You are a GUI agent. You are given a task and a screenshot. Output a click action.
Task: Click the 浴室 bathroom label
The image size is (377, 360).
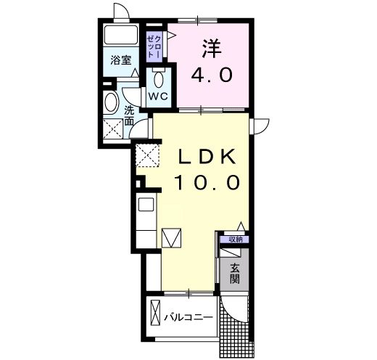121,60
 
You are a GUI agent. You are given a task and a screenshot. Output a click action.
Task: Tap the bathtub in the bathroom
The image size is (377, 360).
121,35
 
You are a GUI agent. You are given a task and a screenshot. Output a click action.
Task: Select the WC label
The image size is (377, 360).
158,97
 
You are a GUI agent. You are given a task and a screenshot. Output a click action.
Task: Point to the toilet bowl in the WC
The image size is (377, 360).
159,79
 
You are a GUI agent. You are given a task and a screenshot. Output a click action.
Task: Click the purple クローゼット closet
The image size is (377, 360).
154,46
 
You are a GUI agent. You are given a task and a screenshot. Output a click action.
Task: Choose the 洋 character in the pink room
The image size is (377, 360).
212,49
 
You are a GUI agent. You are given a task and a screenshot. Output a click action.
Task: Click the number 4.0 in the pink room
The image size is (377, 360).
212,74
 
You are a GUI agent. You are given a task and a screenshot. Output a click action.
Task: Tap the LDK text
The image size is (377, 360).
207,157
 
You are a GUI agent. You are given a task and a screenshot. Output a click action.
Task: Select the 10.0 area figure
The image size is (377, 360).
207,182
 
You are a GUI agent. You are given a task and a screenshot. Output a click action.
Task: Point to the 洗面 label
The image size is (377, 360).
129,116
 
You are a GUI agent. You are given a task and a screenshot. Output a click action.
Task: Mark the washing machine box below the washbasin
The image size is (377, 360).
113,129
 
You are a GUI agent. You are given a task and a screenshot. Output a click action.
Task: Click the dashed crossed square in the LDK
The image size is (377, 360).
147,155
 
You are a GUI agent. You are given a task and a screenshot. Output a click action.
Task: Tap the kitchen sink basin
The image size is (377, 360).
146,205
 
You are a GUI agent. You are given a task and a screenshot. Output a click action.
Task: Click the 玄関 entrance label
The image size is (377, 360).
234,274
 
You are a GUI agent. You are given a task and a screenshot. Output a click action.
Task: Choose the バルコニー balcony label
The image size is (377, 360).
188,317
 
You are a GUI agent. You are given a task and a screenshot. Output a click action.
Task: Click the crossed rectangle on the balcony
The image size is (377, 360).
155,314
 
